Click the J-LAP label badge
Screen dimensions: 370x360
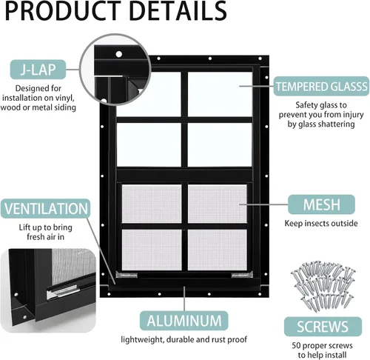tap(38, 70)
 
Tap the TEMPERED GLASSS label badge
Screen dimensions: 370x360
tap(321, 86)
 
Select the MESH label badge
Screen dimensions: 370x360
tap(321, 204)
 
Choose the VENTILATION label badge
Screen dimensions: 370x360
tap(46, 208)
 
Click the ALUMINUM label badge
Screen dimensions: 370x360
tap(184, 321)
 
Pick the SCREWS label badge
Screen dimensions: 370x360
tap(323, 327)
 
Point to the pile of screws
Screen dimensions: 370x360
tap(323, 286)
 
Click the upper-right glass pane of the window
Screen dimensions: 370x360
tap(220, 94)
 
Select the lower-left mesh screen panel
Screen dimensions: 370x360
tap(152, 250)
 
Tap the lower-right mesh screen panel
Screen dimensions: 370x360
tap(218, 250)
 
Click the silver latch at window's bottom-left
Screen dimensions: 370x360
tap(127, 274)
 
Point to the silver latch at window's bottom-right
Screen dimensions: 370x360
tap(242, 274)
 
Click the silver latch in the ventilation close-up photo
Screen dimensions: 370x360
tap(64, 291)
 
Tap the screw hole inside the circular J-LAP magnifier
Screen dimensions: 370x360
tap(119, 54)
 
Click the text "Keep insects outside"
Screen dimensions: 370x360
tap(321, 223)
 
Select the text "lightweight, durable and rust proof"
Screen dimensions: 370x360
tap(184, 339)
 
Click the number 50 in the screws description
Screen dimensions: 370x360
tap(297, 345)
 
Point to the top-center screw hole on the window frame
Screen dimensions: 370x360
tap(210, 59)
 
